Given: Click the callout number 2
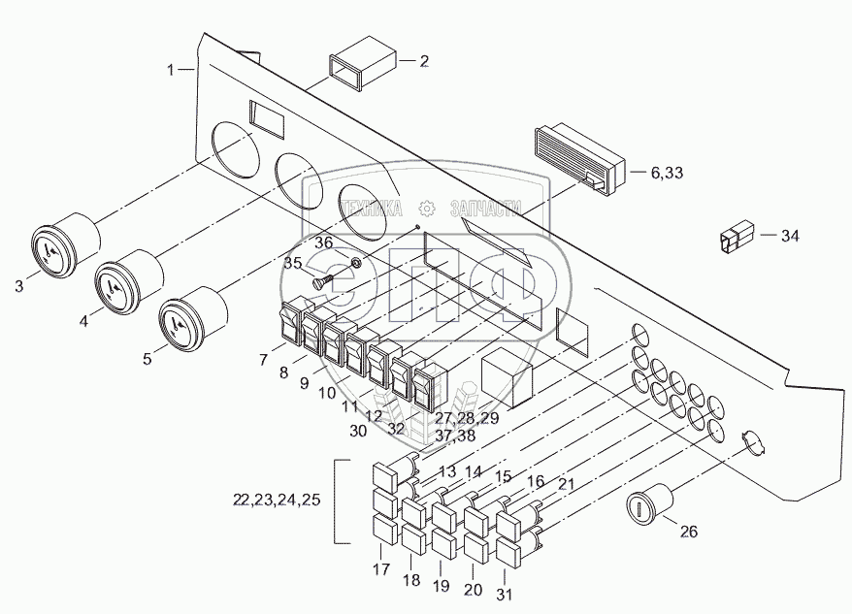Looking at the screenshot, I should (x=424, y=61).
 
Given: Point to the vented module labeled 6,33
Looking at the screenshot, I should (x=578, y=159).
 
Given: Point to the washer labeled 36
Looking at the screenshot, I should (x=355, y=263).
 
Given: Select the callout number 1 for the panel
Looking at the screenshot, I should (x=171, y=70).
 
